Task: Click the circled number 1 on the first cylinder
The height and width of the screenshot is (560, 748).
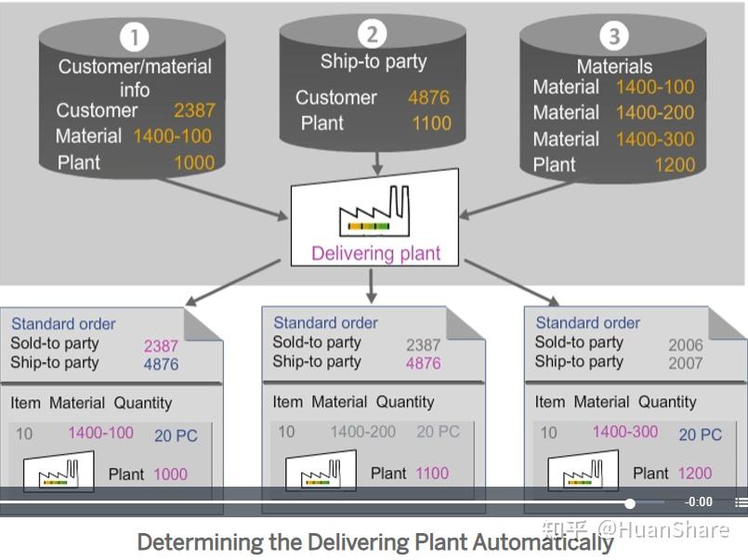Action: pyautogui.click(x=134, y=38)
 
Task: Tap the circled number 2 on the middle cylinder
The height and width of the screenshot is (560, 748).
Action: pyautogui.click(x=373, y=34)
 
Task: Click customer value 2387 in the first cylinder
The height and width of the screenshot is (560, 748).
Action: pyautogui.click(x=193, y=111)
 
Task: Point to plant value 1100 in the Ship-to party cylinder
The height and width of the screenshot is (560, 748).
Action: pyautogui.click(x=431, y=123)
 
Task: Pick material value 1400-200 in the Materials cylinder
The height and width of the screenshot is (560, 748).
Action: pyautogui.click(x=654, y=112)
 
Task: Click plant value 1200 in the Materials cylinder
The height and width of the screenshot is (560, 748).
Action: pyautogui.click(x=674, y=164)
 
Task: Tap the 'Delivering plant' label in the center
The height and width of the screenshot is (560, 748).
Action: pyautogui.click(x=375, y=254)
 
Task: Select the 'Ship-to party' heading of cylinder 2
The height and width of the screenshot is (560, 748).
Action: pyautogui.click(x=373, y=62)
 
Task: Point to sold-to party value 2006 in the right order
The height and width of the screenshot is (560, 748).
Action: pyautogui.click(x=686, y=345)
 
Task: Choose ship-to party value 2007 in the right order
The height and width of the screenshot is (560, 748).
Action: pyautogui.click(x=686, y=363)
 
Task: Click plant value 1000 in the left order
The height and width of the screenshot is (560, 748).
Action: pyautogui.click(x=170, y=474)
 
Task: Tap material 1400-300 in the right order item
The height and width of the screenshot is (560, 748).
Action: pyautogui.click(x=624, y=432)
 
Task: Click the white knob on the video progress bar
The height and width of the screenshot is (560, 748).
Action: pyautogui.click(x=630, y=503)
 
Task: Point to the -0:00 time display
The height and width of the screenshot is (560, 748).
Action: pyautogui.click(x=699, y=502)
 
